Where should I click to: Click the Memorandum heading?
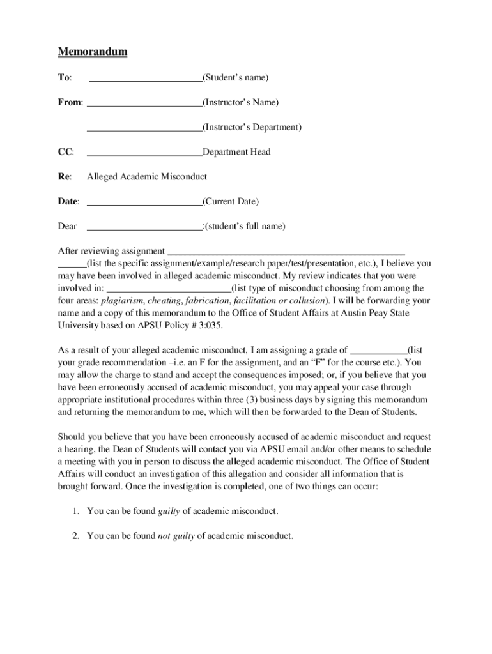point(93,52)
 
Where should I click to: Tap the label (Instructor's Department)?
point(252,127)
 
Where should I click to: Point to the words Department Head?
point(236,152)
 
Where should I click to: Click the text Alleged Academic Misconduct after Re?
point(147,177)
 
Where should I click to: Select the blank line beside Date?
point(144,204)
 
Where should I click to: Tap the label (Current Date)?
point(231,202)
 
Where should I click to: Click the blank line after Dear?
point(144,229)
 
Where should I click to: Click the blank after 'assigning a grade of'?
point(378,352)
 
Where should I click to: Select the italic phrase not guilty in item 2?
point(176,536)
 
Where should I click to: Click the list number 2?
point(75,536)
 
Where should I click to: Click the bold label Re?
point(65,177)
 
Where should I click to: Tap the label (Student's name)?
point(235,78)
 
